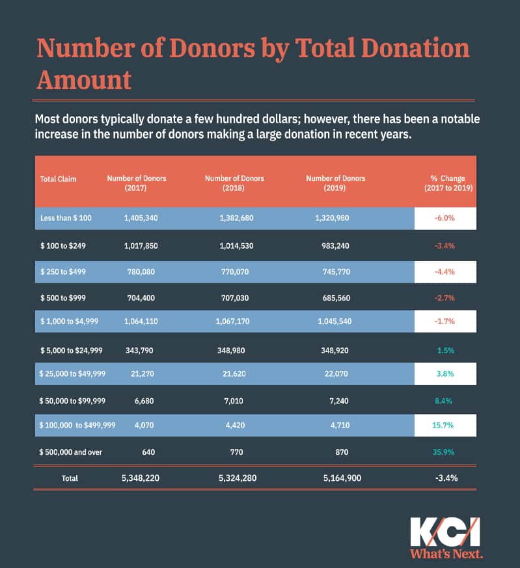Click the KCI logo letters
click(445, 532)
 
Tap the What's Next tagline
click(446, 554)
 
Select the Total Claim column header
click(58, 178)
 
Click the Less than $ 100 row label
click(66, 218)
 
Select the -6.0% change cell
click(445, 218)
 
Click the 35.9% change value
click(445, 452)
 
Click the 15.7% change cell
click(445, 426)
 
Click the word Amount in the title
click(84, 79)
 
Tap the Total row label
click(69, 478)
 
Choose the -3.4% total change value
click(445, 478)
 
